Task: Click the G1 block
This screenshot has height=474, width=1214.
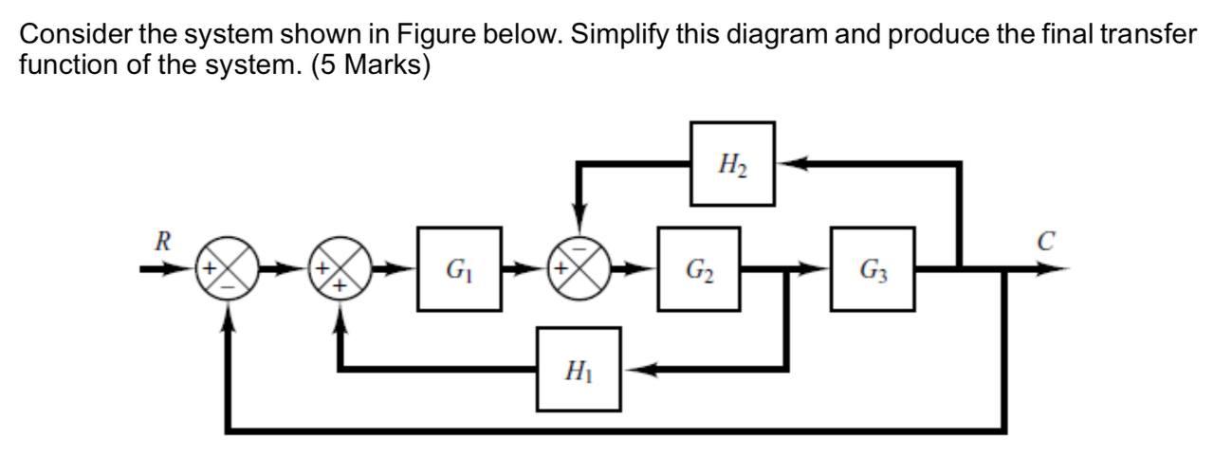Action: click(459, 269)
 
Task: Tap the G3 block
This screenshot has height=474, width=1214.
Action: click(873, 269)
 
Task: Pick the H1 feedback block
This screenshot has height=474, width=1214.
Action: click(579, 370)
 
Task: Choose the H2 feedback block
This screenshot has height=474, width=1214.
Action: click(731, 164)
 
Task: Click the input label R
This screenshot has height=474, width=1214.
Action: click(163, 241)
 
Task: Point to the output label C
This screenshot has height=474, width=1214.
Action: click(1045, 242)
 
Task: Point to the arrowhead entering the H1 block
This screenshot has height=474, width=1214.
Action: click(636, 370)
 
